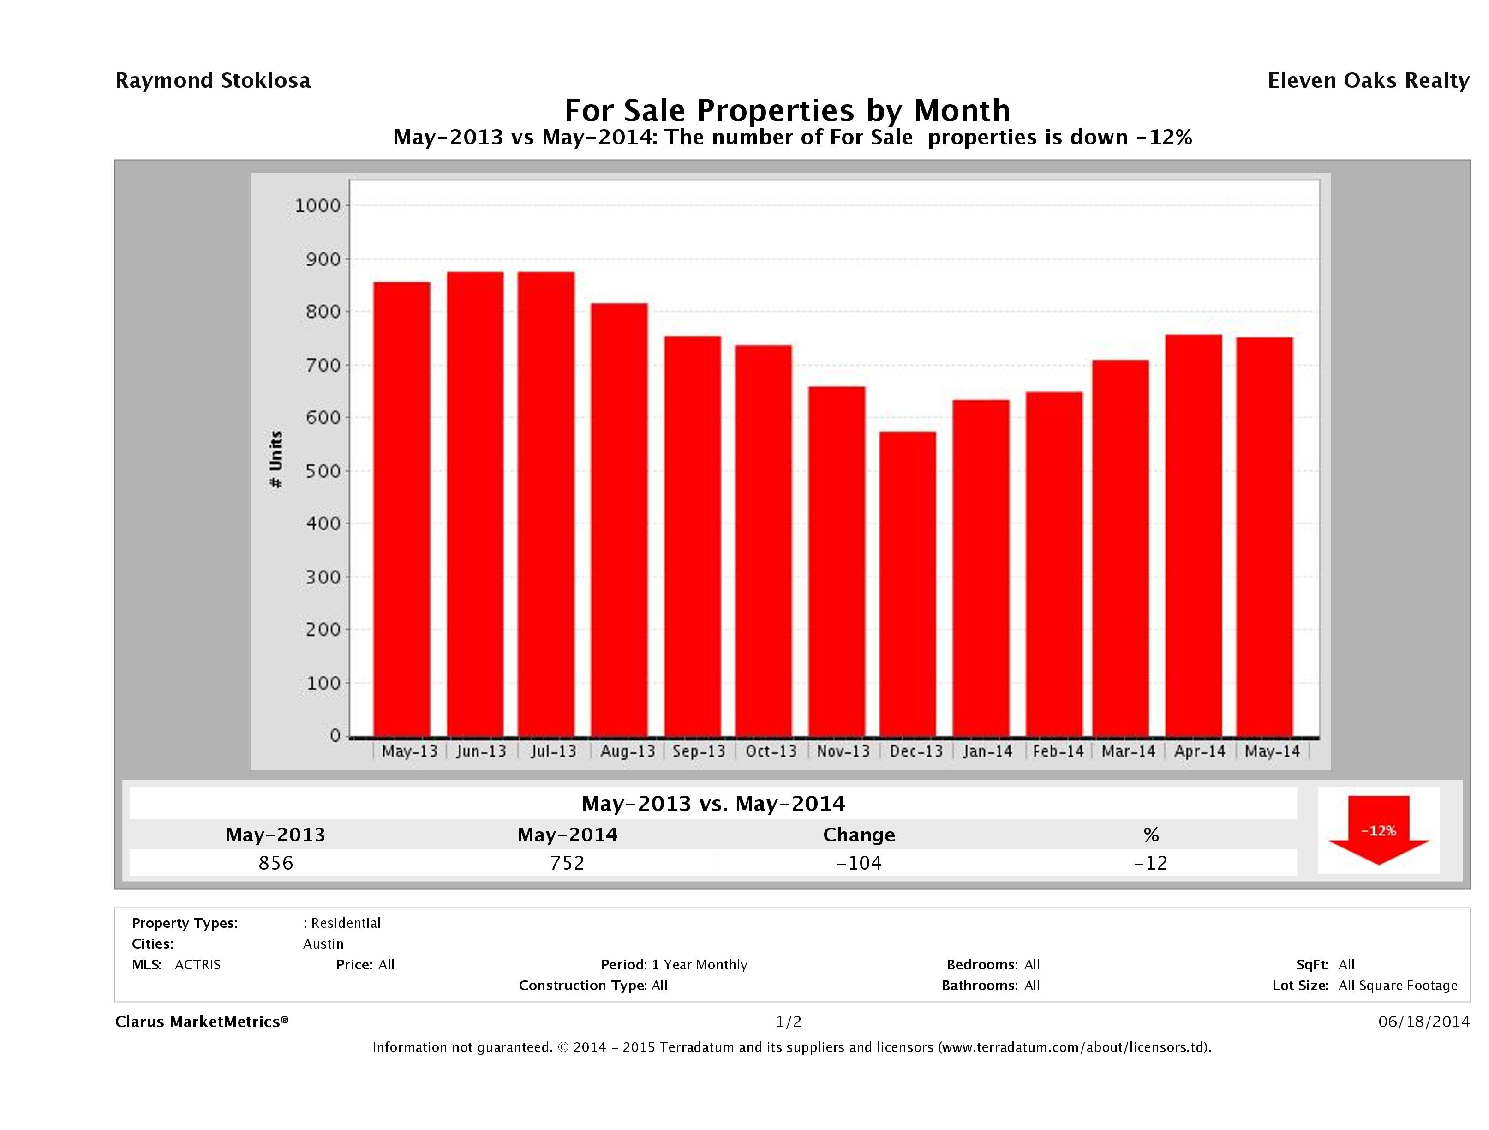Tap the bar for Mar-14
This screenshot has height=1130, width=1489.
pyautogui.click(x=1121, y=548)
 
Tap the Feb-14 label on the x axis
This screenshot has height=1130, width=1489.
pyautogui.click(x=1058, y=751)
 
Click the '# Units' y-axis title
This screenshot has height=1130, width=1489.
pyautogui.click(x=276, y=460)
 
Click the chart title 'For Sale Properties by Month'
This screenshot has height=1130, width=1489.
pyautogui.click(x=787, y=110)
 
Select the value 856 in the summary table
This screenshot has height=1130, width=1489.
pyautogui.click(x=276, y=863)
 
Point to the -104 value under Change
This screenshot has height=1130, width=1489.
pyautogui.click(x=859, y=863)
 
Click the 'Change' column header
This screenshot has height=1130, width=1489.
pyautogui.click(x=859, y=835)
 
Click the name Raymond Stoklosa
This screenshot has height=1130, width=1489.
pyautogui.click(x=213, y=81)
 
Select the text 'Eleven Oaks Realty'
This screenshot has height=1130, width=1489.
pyautogui.click(x=1368, y=81)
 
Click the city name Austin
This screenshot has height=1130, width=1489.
pyautogui.click(x=323, y=944)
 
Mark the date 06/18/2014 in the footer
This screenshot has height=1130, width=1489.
pyautogui.click(x=1423, y=1022)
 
